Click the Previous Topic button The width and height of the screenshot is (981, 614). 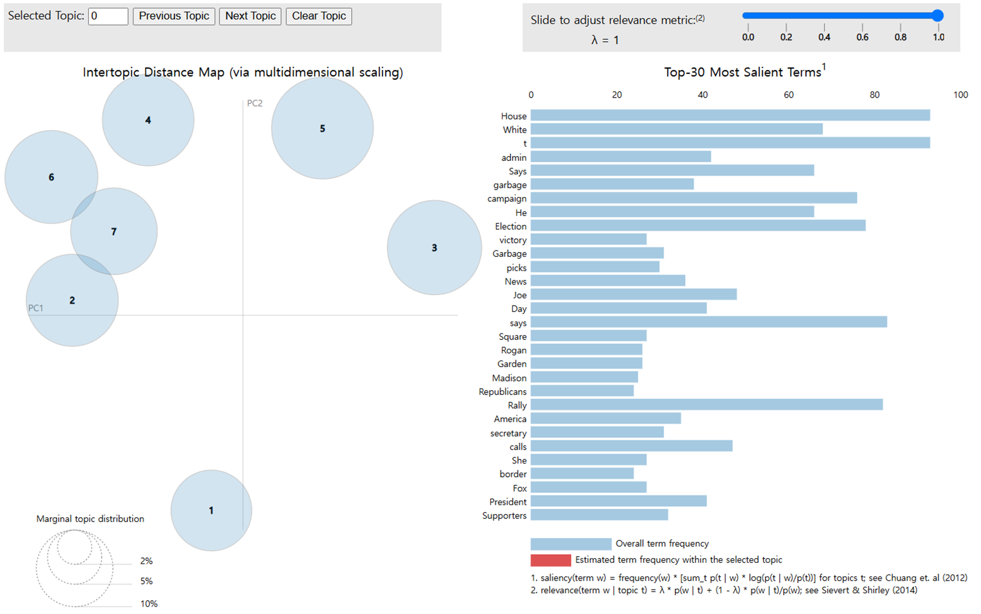coord(174,16)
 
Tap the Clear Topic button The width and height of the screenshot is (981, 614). coord(318,16)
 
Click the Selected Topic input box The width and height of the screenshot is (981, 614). coord(108,16)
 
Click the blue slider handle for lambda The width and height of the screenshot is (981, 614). coord(938,16)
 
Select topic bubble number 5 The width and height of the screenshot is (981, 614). coord(322,128)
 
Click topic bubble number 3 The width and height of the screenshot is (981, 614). coord(434,248)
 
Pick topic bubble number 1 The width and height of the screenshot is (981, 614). coord(211,511)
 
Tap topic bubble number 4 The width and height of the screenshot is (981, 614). coord(148,120)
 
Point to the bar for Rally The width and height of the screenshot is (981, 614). coord(706,405)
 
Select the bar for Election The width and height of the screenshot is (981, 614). coord(698,226)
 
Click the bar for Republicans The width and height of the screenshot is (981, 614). coord(582,391)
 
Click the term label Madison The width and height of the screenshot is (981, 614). coord(509,378)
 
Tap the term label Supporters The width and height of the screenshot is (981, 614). coord(504,515)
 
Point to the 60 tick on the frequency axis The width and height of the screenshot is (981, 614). coord(789,95)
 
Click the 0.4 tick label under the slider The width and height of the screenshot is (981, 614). coord(824,37)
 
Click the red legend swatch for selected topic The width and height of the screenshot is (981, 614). coord(551,560)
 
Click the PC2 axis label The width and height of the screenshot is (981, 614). coord(255,103)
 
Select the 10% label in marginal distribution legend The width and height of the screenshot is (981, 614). coord(149,604)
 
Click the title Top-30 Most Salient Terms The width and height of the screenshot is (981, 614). coord(742,72)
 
